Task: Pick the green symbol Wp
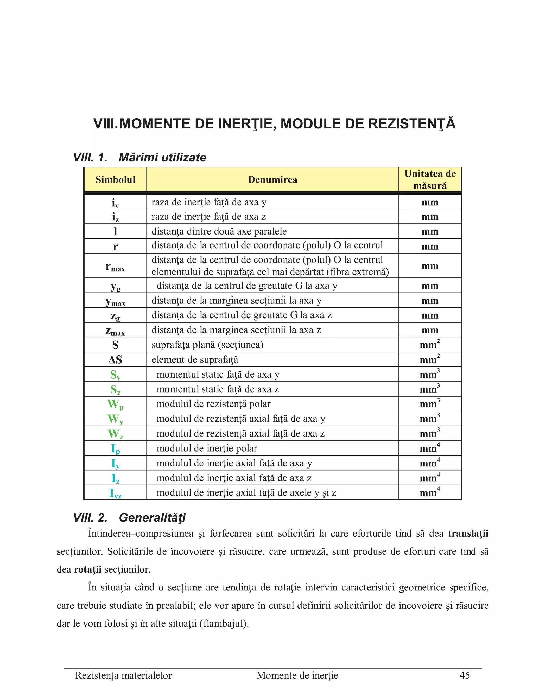coord(115,404)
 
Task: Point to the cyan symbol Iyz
coord(115,493)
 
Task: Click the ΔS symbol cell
coord(115,360)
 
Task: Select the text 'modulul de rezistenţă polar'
coord(213,404)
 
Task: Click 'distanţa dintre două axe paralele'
coord(219,231)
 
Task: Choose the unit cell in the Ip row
coord(430,448)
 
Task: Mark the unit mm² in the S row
coord(430,344)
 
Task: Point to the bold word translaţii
coord(468,533)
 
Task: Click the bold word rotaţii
coord(87,569)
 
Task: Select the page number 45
coord(465,675)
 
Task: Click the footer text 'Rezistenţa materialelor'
coord(123,675)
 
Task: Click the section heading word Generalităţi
coord(152,518)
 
